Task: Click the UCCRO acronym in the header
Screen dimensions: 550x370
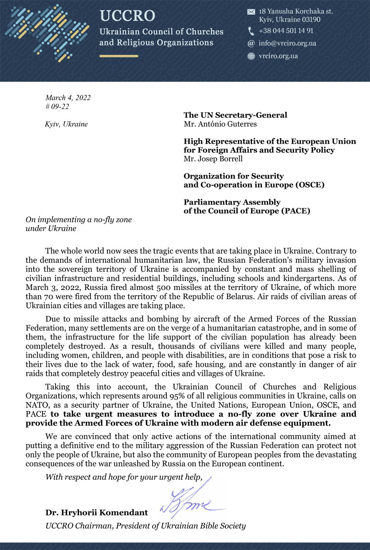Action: [x=127, y=16]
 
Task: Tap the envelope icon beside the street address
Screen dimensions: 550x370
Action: [x=251, y=12]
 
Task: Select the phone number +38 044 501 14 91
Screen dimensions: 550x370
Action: [x=286, y=31]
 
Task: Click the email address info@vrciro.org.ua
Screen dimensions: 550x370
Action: [x=287, y=43]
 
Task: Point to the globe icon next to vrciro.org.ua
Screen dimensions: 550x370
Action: [x=251, y=56]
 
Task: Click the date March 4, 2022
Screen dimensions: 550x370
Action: [x=68, y=98]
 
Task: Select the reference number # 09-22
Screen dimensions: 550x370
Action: [x=57, y=107]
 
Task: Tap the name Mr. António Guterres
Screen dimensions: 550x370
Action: [x=220, y=124]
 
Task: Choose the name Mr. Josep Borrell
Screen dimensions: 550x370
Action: [x=213, y=159]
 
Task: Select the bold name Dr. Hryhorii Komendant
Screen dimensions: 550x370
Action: [x=97, y=513]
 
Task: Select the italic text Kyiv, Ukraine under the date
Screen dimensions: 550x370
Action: [x=66, y=124]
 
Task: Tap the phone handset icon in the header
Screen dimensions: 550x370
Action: [x=251, y=31]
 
